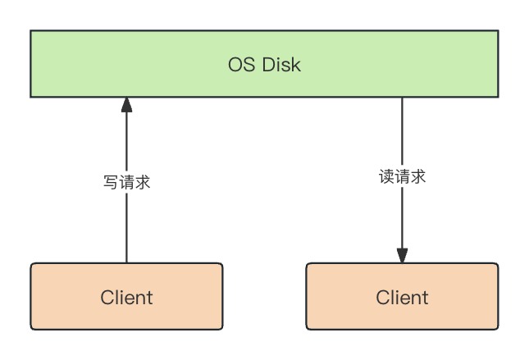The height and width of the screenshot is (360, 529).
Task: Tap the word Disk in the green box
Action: [x=282, y=65]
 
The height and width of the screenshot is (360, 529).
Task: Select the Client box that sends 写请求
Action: [x=126, y=296]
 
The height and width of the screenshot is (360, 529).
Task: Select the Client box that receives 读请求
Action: [x=402, y=296]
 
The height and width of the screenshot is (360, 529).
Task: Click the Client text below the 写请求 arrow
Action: [x=126, y=297]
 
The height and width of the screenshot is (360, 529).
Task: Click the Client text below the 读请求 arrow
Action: [x=402, y=297]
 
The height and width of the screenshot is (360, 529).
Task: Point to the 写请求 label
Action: [x=126, y=182]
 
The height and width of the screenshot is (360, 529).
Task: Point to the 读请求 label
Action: [x=402, y=176]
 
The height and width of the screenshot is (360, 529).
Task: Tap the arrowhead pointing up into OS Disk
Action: [x=126, y=105]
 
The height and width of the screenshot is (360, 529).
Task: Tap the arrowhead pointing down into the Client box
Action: [x=402, y=255]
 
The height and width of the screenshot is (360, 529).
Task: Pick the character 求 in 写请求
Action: [x=143, y=182]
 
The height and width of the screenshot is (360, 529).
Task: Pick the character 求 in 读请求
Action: [x=418, y=176]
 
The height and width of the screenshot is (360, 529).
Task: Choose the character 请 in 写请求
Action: [x=126, y=182]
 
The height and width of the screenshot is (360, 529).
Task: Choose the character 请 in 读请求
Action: [x=402, y=176]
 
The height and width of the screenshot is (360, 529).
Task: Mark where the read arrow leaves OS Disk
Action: [x=402, y=99]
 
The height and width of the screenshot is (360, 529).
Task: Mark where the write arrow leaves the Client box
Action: [x=126, y=262]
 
